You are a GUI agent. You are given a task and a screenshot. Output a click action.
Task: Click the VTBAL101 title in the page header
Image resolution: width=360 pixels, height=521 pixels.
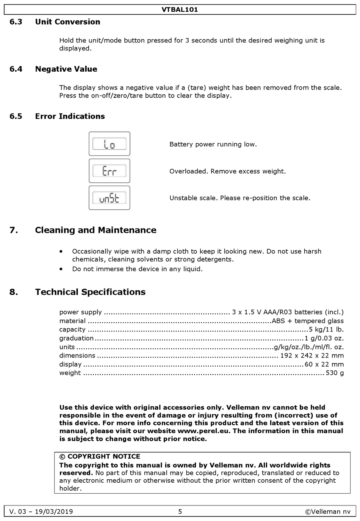pyautogui.click(x=180, y=9)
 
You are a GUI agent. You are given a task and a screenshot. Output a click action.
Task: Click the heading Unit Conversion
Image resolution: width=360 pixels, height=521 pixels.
pyautogui.click(x=67, y=22)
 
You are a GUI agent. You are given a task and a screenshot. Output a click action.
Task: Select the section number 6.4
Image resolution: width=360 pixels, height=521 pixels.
pyautogui.click(x=16, y=69)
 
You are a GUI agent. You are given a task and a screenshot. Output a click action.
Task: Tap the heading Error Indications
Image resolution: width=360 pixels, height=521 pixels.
pyautogui.click(x=70, y=116)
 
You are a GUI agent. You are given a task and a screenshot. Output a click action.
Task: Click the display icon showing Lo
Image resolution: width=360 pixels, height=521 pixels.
pyautogui.click(x=110, y=144)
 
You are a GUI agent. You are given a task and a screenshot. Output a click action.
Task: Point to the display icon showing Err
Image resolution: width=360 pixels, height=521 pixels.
pyautogui.click(x=110, y=171)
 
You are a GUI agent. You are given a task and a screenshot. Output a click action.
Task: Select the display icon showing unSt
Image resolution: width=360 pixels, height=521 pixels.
pyautogui.click(x=110, y=198)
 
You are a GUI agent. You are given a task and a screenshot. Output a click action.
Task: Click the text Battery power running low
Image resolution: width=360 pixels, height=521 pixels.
pyautogui.click(x=213, y=144)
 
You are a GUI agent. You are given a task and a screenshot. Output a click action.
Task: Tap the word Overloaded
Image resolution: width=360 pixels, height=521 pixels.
pyautogui.click(x=189, y=171)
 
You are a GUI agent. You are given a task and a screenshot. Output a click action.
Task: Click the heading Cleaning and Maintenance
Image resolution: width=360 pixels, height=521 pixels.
pyautogui.click(x=95, y=230)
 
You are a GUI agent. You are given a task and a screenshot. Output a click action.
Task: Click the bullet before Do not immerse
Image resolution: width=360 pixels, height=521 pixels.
pyautogui.click(x=61, y=269)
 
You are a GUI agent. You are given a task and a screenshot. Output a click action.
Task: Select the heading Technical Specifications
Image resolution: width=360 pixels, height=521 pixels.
pyautogui.click(x=90, y=292)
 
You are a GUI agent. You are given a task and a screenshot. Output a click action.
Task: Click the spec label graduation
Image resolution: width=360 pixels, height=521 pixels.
pyautogui.click(x=76, y=338)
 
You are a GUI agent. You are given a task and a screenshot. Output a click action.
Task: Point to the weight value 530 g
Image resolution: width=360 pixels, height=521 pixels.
pyautogui.click(x=335, y=373)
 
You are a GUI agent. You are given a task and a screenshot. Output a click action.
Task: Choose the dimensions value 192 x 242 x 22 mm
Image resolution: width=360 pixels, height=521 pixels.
pyautogui.click(x=312, y=356)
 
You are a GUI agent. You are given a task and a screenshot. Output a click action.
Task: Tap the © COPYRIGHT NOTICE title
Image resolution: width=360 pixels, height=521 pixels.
pyautogui.click(x=100, y=457)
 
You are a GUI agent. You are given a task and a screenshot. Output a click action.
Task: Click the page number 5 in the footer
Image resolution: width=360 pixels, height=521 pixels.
pyautogui.click(x=180, y=512)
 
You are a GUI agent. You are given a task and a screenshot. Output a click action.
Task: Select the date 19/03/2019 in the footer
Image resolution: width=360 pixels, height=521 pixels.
pyautogui.click(x=54, y=512)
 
